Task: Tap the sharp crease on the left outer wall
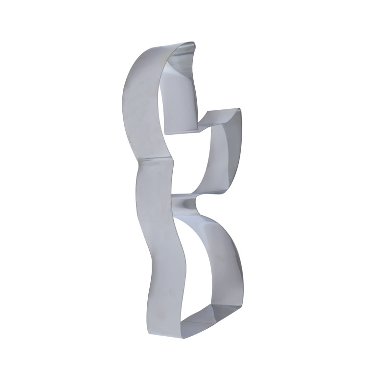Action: pyautogui.click(x=156, y=161)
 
